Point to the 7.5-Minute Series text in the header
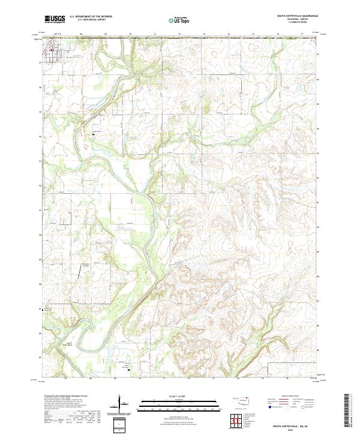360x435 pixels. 298,23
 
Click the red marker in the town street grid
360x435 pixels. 52,50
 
